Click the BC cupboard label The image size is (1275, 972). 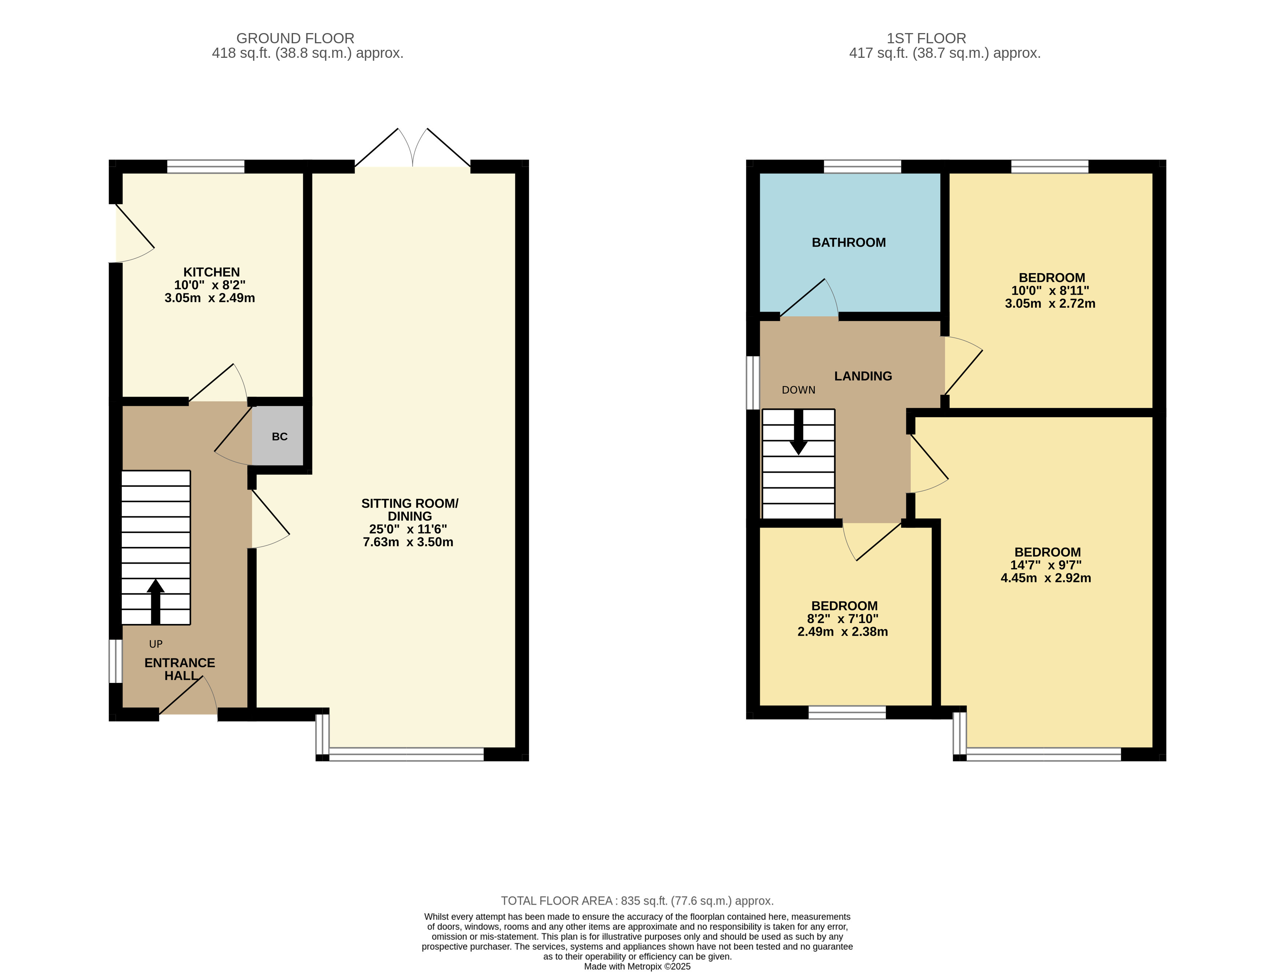tap(280, 437)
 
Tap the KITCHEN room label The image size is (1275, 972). tap(211, 272)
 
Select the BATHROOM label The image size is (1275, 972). tap(849, 243)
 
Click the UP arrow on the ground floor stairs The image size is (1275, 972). tap(156, 602)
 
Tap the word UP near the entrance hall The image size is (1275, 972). tap(156, 644)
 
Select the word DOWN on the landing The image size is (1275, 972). tap(798, 390)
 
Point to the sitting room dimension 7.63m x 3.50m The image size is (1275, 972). tap(408, 542)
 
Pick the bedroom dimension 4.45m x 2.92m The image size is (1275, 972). tap(1046, 578)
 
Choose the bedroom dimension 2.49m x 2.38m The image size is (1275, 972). tap(842, 632)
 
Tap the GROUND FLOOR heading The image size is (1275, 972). tap(295, 38)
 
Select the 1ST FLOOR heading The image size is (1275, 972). tap(926, 38)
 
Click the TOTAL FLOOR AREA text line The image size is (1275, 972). tap(637, 901)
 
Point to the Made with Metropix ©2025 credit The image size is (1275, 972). tap(637, 966)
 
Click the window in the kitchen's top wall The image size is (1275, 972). tap(206, 167)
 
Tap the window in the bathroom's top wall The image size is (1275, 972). tap(862, 167)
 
